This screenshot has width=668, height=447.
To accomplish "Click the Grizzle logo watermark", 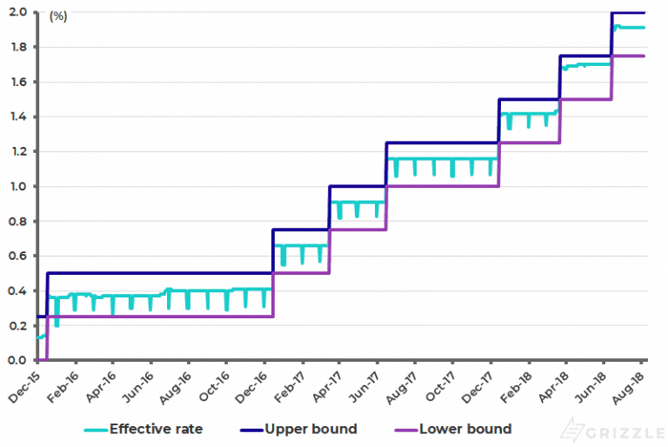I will click(x=609, y=429).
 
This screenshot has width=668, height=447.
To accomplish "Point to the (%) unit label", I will click(x=58, y=16).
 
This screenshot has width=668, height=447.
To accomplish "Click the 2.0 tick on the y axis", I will click(x=17, y=12).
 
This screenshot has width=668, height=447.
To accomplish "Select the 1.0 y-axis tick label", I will click(x=17, y=186).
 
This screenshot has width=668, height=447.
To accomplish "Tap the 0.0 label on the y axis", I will click(x=17, y=360).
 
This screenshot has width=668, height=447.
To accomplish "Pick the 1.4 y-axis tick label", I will click(x=17, y=117).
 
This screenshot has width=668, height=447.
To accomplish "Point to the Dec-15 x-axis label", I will click(x=24, y=384).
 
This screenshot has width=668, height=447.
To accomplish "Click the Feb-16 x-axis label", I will click(x=63, y=384).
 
